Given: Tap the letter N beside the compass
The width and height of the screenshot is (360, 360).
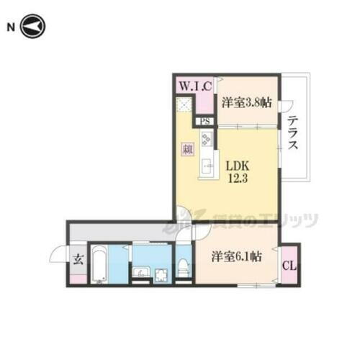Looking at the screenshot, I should click(x=11, y=27).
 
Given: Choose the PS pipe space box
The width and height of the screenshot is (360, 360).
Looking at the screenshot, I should click(x=205, y=122).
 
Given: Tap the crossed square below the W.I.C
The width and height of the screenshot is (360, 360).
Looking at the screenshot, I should click(x=185, y=106).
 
